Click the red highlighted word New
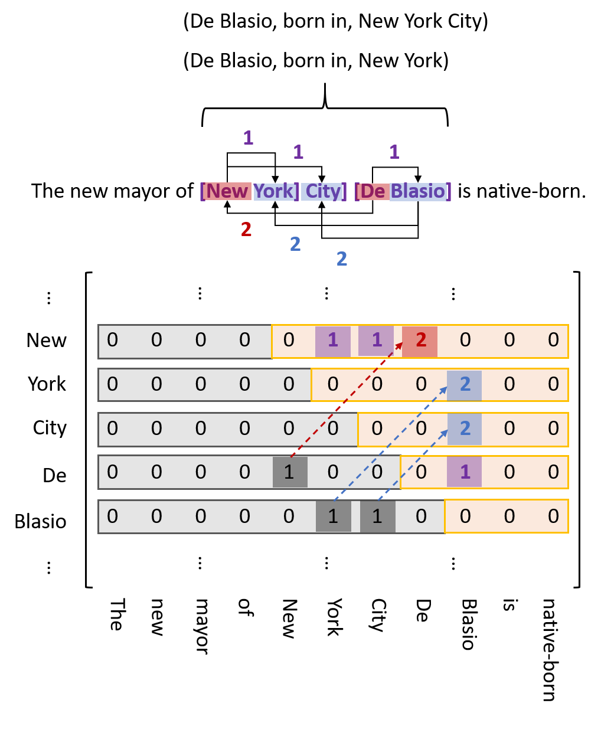tap(227, 191)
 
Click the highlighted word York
tap(274, 191)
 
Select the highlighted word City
tap(322, 191)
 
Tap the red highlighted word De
tap(373, 191)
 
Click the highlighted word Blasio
tap(418, 191)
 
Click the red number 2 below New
tap(246, 230)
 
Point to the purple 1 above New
tap(248, 139)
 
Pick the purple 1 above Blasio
tap(394, 153)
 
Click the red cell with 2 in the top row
tap(420, 341)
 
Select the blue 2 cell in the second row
tap(465, 385)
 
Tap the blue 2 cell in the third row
tap(465, 429)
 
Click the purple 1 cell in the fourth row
tap(465, 472)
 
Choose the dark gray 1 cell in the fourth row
tap(290, 472)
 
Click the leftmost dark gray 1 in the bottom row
tap(334, 516)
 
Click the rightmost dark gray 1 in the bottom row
tap(377, 516)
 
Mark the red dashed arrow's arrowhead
tap(400, 345)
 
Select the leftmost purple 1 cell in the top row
tap(333, 341)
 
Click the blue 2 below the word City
tap(342, 259)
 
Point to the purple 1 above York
tap(298, 153)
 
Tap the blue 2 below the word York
tap(295, 244)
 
